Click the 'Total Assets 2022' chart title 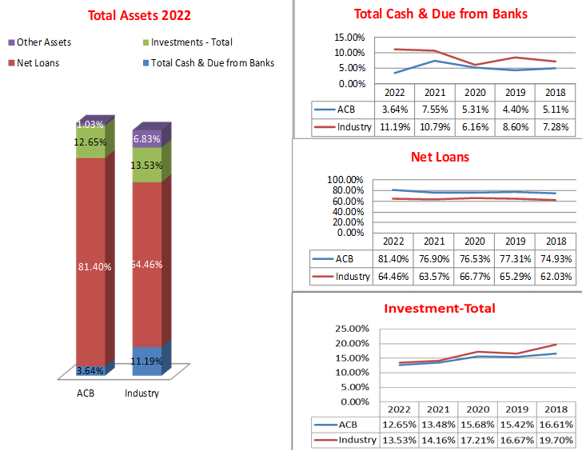pyautogui.click(x=139, y=15)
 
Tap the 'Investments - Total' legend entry pyautogui.click(x=191, y=42)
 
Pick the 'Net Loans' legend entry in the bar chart pyautogui.click(x=38, y=62)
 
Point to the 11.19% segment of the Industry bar pyautogui.click(x=147, y=361)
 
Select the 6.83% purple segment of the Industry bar pyautogui.click(x=147, y=138)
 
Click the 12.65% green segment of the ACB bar pyautogui.click(x=91, y=142)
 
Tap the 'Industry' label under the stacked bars pyautogui.click(x=142, y=393)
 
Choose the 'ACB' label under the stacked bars pyautogui.click(x=85, y=393)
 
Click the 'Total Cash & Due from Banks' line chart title pyautogui.click(x=440, y=14)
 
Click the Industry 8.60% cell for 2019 pyautogui.click(x=514, y=127)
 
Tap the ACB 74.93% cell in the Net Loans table pyautogui.click(x=555, y=259)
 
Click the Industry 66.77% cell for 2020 pyautogui.click(x=474, y=277)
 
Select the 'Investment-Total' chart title pyautogui.click(x=439, y=309)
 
